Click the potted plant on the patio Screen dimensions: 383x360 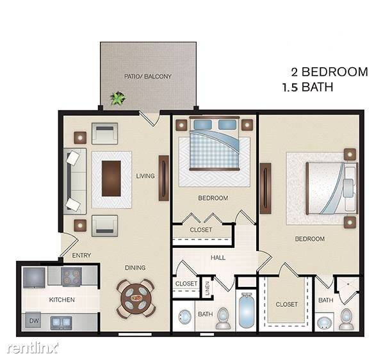(x=118, y=98)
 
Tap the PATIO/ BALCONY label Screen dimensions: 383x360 (x=148, y=76)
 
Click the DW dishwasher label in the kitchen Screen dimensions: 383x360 (x=34, y=320)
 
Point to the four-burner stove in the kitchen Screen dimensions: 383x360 (x=71, y=277)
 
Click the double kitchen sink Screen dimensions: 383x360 (x=61, y=322)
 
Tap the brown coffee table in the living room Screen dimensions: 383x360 (x=111, y=179)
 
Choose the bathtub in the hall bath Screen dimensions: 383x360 (x=246, y=310)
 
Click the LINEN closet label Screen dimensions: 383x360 (x=207, y=288)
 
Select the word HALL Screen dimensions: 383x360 (x=218, y=258)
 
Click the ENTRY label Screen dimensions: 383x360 (x=81, y=255)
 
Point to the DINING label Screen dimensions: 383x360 (x=135, y=268)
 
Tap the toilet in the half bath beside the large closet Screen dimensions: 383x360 (x=346, y=319)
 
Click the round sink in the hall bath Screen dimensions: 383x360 (x=184, y=317)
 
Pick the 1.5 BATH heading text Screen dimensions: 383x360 (x=307, y=87)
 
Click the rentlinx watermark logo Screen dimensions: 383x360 (x=33, y=348)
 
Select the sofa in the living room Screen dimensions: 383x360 (x=75, y=181)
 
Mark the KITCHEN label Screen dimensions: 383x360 (x=61, y=300)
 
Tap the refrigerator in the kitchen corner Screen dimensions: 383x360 (x=34, y=278)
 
